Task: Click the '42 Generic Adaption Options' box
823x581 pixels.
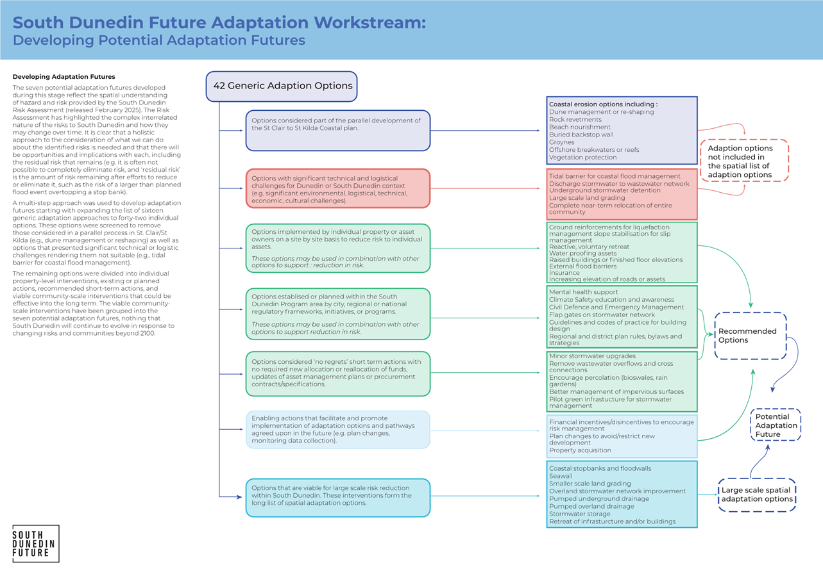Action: click(282, 86)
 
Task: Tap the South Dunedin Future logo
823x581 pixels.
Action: click(36, 544)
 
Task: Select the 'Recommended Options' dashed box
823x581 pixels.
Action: click(750, 336)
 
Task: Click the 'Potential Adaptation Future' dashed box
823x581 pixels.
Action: click(776, 425)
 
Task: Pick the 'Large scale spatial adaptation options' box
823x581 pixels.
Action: click(757, 495)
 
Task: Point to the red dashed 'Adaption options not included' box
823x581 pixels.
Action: click(744, 161)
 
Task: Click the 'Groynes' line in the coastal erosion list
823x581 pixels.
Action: click(562, 142)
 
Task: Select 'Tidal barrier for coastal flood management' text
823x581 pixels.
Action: click(615, 176)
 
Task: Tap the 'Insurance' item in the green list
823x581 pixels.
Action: click(564, 272)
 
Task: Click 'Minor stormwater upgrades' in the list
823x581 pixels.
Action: click(592, 356)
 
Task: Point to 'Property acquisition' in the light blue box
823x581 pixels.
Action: click(580, 450)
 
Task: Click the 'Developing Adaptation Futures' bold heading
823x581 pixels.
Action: click(64, 77)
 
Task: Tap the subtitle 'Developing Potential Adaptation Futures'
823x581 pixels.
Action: click(159, 40)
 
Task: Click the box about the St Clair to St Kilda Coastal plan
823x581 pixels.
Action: click(337, 131)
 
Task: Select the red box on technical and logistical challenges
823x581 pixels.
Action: click(337, 188)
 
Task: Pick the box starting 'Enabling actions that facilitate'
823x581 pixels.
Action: click(337, 429)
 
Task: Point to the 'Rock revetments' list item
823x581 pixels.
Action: click(575, 120)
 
